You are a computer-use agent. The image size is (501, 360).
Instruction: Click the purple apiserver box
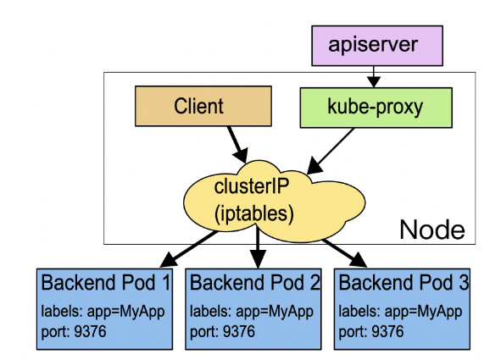coord(377,46)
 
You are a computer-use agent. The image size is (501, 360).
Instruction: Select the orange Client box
coord(203,106)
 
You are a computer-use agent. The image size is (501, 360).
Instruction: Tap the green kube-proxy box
coord(376,108)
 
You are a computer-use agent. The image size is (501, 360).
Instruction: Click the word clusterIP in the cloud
coord(252,186)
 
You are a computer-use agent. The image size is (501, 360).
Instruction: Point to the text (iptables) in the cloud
coord(254,213)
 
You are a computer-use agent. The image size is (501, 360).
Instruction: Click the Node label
coord(432,230)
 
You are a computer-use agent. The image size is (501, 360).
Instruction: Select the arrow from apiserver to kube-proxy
coord(374,77)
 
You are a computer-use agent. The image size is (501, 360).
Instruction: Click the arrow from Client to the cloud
coord(237,145)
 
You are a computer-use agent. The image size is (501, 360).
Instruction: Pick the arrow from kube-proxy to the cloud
coord(331,152)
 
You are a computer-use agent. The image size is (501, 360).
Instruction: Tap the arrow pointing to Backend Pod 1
coord(188,249)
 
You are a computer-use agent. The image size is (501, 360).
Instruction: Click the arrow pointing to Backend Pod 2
coord(257,246)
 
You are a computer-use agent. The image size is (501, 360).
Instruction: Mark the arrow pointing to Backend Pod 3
coord(344,253)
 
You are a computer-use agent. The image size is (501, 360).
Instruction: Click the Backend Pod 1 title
coord(106,282)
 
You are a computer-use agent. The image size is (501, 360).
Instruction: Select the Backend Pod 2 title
coord(254,282)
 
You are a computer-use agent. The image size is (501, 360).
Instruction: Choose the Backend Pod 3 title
coord(404,282)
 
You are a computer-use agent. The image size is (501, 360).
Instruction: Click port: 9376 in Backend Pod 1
coord(74,331)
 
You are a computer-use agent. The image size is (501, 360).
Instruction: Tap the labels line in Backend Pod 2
coord(252,312)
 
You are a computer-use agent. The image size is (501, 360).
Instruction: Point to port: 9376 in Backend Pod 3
coord(371,331)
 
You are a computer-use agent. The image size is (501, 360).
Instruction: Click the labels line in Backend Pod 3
coord(400,312)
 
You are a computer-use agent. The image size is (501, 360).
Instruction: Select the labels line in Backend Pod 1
coord(103,312)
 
